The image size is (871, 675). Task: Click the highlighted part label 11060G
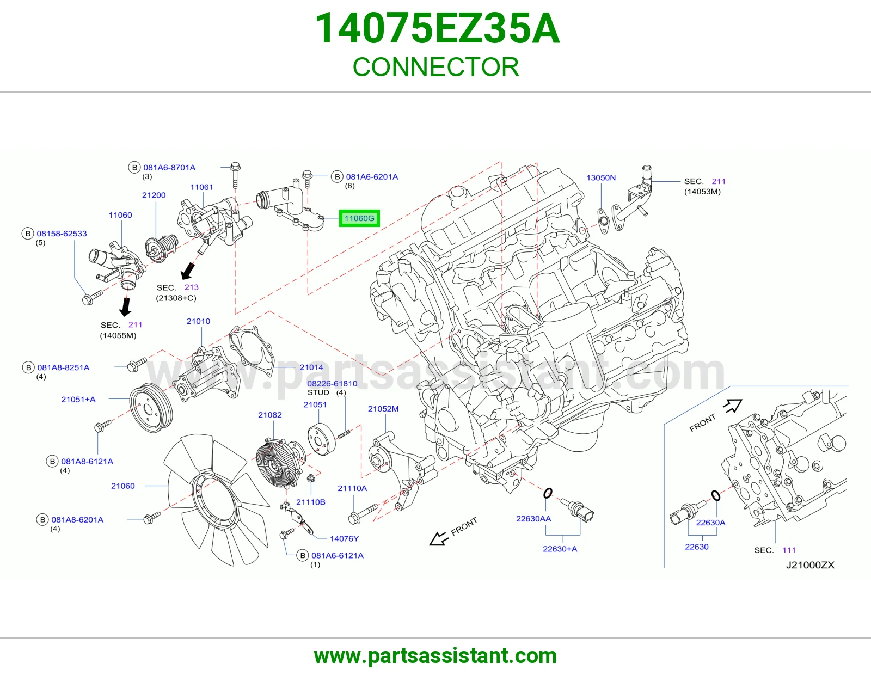pos(359,218)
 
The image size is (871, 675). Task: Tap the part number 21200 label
pos(154,195)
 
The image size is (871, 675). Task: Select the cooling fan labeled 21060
pos(217,499)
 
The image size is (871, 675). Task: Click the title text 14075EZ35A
pos(437,28)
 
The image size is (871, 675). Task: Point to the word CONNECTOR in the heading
pos(436,67)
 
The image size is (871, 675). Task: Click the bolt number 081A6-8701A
pos(169,168)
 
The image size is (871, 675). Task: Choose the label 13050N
pos(601,177)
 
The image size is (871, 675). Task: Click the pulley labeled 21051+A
pos(151,408)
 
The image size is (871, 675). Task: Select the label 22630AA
pos(533,519)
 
